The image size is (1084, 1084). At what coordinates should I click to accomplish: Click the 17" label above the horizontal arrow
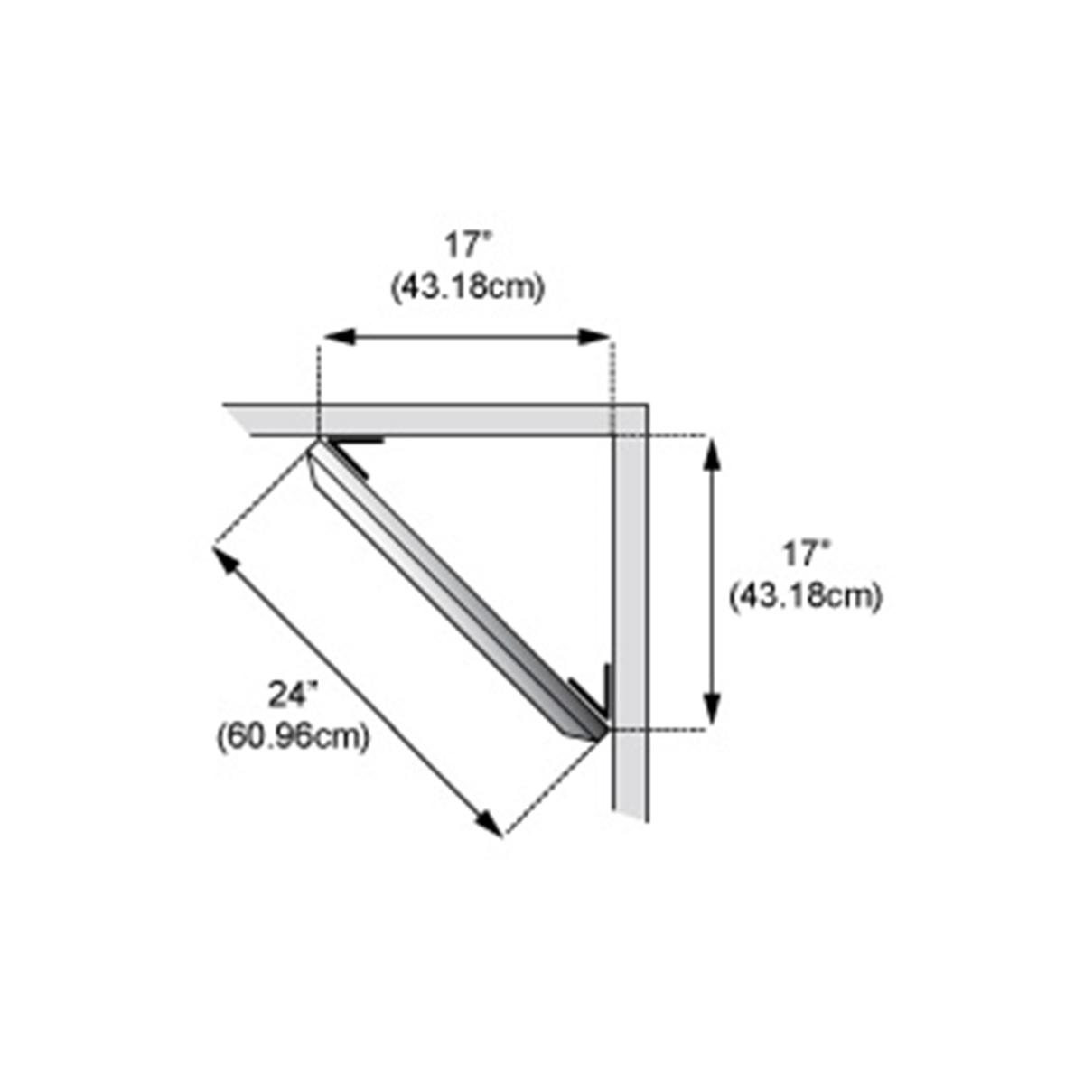466,247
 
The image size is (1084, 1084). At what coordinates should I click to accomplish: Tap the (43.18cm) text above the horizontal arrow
468,288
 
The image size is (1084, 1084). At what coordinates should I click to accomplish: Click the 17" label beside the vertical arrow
806,554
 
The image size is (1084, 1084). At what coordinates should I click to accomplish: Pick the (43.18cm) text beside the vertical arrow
806,597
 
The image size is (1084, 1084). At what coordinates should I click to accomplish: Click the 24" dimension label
293,695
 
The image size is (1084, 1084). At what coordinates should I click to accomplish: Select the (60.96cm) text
294,737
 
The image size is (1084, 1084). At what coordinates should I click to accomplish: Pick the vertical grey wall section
631,614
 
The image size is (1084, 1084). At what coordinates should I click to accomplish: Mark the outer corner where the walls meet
645,406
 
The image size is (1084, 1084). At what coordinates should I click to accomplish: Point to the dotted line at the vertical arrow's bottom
668,727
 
